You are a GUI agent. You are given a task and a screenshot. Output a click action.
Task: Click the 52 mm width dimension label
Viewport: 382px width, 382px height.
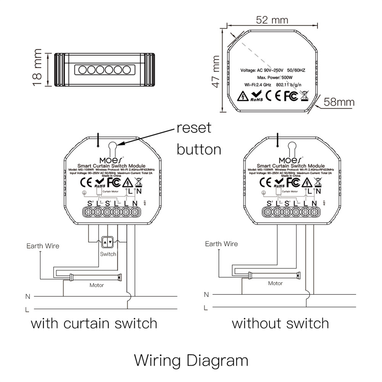[272, 19]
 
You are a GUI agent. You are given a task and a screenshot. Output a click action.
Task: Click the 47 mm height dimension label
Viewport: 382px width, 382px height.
[216, 71]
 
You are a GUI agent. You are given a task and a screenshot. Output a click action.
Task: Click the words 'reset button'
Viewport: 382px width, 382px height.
[198, 138]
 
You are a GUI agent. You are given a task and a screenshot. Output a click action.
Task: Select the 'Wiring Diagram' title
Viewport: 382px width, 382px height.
[191, 360]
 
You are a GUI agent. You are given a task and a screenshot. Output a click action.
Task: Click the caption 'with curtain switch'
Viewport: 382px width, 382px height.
[94, 324]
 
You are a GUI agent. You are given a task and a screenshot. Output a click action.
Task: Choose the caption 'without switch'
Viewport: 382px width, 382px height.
[280, 324]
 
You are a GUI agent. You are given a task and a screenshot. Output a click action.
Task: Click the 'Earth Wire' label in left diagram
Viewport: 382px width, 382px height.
[43, 246]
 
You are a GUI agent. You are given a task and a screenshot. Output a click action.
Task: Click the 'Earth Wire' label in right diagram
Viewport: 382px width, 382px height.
[221, 244]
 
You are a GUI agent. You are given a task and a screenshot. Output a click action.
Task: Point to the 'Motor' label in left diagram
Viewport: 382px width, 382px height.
[97, 285]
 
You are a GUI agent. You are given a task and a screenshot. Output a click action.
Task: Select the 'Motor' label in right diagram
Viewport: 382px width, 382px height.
[275, 283]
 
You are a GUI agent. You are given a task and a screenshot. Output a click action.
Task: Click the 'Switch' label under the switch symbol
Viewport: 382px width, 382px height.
[108, 254]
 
